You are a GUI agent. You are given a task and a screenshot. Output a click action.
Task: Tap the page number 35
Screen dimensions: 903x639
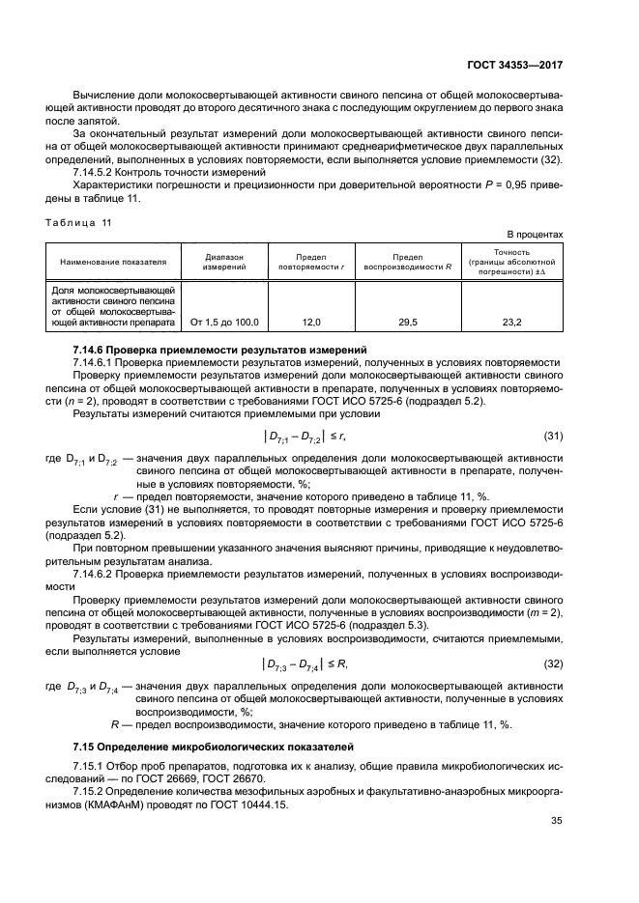(x=555, y=821)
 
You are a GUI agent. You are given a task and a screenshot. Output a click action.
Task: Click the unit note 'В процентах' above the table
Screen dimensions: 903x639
(x=535, y=235)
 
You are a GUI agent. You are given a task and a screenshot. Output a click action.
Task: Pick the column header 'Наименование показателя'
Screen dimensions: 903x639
(x=113, y=261)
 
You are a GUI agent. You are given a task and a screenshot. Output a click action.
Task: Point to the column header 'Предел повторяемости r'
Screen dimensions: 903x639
(x=311, y=261)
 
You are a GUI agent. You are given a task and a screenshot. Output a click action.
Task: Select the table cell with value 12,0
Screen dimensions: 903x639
(x=311, y=322)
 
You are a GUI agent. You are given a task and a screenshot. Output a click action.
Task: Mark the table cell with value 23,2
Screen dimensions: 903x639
(x=511, y=322)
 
